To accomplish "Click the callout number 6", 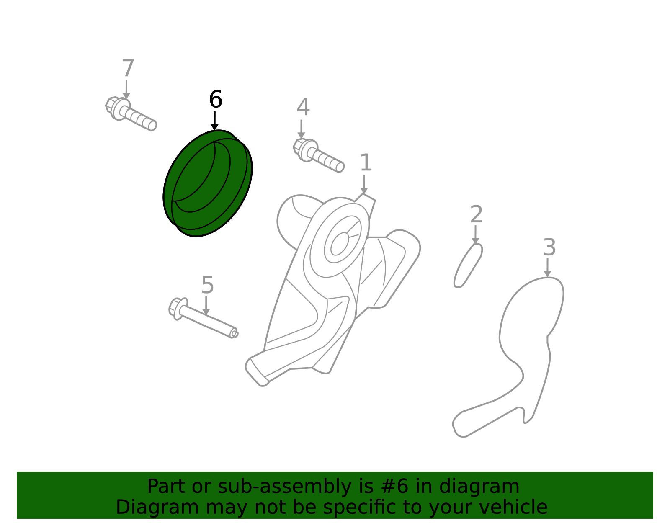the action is pyautogui.click(x=216, y=99).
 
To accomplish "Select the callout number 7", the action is pyautogui.click(x=128, y=68).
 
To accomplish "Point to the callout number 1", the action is pyautogui.click(x=366, y=162).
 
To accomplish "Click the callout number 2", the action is pyautogui.click(x=477, y=214).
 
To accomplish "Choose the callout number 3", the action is pyautogui.click(x=549, y=247).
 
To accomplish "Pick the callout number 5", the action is pyautogui.click(x=208, y=285).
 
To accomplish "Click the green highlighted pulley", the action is pyautogui.click(x=208, y=183).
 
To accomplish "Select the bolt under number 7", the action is pyautogui.click(x=131, y=114).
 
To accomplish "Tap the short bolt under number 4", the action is pyautogui.click(x=319, y=155).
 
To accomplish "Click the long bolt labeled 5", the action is pyautogui.click(x=204, y=318).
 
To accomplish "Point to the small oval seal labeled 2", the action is pyautogui.click(x=468, y=265).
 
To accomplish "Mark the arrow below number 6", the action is pyautogui.click(x=214, y=121).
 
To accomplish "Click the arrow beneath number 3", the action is pyautogui.click(x=547, y=268).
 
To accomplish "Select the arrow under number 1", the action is pyautogui.click(x=364, y=185).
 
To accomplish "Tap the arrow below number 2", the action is pyautogui.click(x=475, y=234).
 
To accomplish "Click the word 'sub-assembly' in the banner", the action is pyautogui.click(x=285, y=487).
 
